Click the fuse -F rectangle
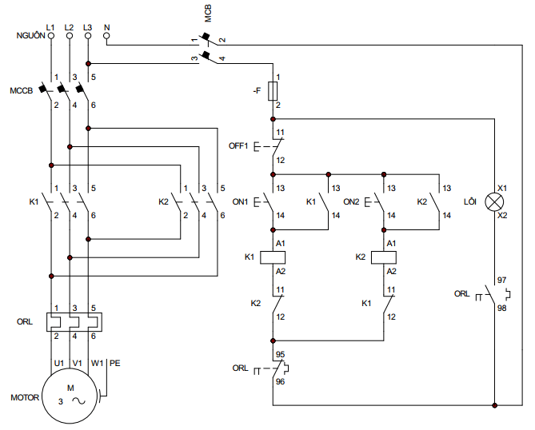click(x=273, y=92)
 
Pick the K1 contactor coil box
click(x=273, y=257)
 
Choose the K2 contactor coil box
click(x=384, y=257)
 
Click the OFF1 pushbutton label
click(x=239, y=146)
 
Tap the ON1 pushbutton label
click(x=240, y=201)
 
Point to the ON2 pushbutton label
click(x=352, y=201)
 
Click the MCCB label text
click(x=21, y=90)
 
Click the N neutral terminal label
click(x=107, y=27)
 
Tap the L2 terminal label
click(x=70, y=27)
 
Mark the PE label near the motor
click(x=114, y=363)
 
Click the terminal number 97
click(x=501, y=281)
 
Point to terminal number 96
click(x=281, y=382)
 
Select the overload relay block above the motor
click(x=71, y=322)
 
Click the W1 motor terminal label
click(x=97, y=363)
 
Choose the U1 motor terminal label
click(x=58, y=363)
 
